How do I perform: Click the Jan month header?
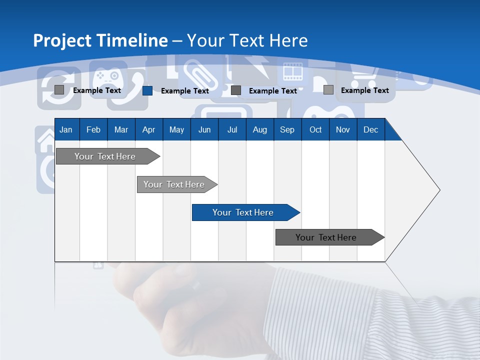tap(66, 129)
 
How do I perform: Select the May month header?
tap(176, 129)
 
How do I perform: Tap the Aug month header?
tap(259, 129)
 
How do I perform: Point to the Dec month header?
tap(370, 129)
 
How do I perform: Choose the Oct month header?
tap(315, 129)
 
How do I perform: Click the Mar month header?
tap(121, 129)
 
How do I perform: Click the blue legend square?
tap(147, 90)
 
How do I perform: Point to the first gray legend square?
tap(59, 90)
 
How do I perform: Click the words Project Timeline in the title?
tap(100, 40)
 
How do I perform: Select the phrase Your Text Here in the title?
tap(247, 40)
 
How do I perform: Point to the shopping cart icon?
tap(364, 77)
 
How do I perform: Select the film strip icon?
tap(293, 72)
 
